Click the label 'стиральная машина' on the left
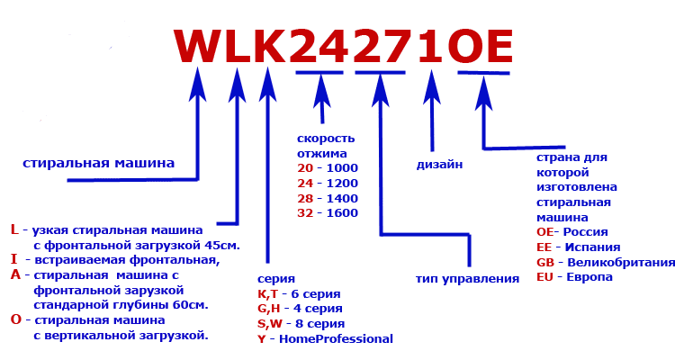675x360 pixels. point(98,165)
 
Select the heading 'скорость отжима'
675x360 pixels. point(326,146)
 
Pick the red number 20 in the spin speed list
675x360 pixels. point(306,168)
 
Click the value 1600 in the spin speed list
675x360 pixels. point(343,213)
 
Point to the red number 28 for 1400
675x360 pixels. point(306,198)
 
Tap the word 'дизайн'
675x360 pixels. point(440,165)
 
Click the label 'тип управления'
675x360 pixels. point(468,279)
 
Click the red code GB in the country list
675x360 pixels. point(544,262)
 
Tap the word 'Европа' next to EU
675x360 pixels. point(589,277)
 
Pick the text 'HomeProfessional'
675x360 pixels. point(337,339)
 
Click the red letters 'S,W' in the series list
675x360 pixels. point(268,324)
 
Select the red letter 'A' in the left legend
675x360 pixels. point(14,275)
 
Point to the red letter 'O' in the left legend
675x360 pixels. point(14,319)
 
